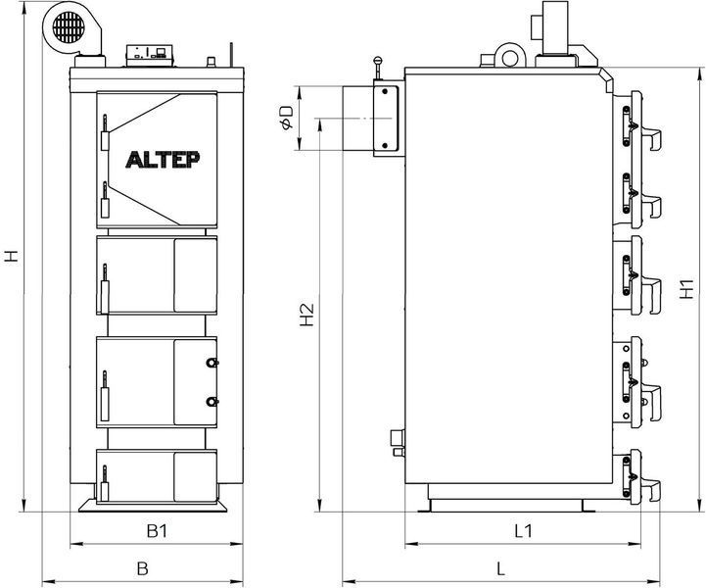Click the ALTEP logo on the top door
pyautogui.click(x=163, y=160)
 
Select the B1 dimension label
pyautogui.click(x=157, y=531)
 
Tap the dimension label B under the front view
pyautogui.click(x=142, y=568)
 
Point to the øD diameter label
pyautogui.click(x=286, y=118)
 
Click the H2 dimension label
pyautogui.click(x=306, y=315)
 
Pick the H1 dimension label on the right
pyautogui.click(x=686, y=289)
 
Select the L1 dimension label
pyautogui.click(x=524, y=531)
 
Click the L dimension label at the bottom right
pyautogui.click(x=501, y=568)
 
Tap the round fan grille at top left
pyautogui.click(x=69, y=27)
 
